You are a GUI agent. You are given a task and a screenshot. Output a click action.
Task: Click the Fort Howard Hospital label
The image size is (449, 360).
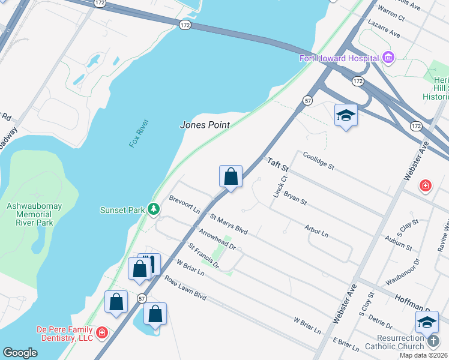339,58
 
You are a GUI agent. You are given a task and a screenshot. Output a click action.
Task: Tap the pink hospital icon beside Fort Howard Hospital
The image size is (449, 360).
388,58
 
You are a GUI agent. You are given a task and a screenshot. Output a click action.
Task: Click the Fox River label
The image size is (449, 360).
139,133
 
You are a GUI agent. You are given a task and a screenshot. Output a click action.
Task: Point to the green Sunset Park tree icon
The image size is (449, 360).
154,209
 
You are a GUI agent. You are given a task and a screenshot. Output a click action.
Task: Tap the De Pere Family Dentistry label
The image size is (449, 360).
65,334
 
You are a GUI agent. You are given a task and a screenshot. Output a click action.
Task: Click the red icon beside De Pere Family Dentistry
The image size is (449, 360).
101,331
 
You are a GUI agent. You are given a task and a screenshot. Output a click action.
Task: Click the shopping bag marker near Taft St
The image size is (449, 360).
231,177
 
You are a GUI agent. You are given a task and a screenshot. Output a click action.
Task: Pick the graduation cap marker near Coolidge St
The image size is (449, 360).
346,115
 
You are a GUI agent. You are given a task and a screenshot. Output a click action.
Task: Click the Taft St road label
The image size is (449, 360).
278,163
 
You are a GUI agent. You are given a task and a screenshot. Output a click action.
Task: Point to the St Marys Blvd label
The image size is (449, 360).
228,222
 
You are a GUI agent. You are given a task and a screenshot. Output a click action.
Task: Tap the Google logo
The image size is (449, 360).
20,352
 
